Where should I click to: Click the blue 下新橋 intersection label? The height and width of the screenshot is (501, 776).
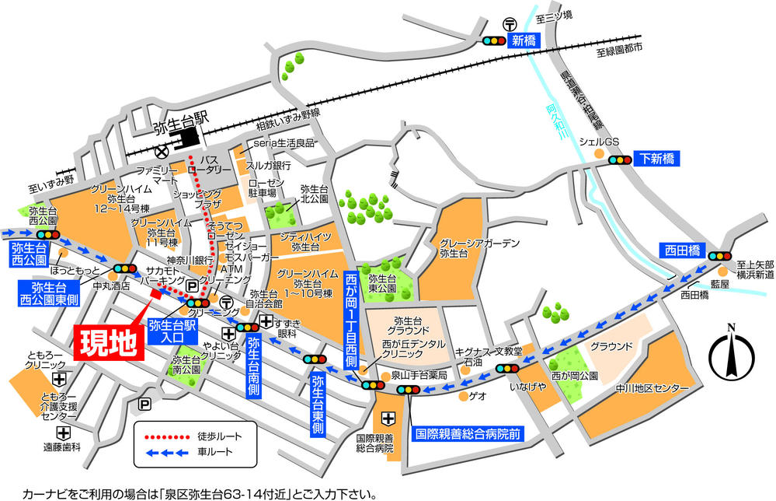[x=656, y=159]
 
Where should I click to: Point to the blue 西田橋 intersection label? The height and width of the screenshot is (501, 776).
[x=682, y=251]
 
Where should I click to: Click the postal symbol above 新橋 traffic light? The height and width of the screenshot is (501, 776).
[x=510, y=23]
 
